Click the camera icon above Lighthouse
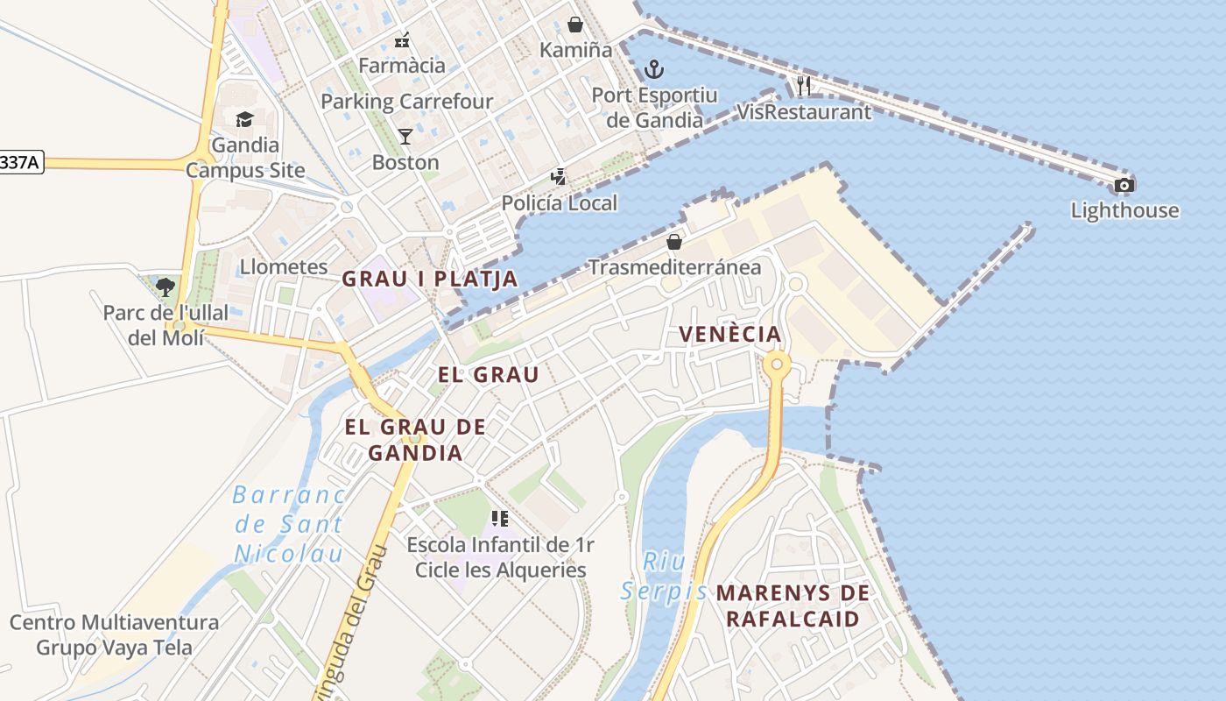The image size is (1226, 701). tap(1124, 186)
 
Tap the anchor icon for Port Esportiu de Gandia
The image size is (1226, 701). tap(653, 68)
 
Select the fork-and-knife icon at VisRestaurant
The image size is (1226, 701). tap(804, 86)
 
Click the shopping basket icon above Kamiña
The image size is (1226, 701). tap(575, 25)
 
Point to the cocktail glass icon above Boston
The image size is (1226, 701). tap(405, 136)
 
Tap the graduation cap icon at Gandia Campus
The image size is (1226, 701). tap(244, 119)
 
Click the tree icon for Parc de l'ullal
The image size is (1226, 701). tap(166, 287)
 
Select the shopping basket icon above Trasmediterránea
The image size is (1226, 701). tap(674, 241)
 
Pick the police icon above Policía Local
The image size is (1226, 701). tap(558, 177)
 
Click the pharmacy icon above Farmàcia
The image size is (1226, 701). tap(402, 39)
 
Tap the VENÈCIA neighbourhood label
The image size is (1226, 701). tap(730, 334)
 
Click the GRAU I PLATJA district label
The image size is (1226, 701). tap(429, 279)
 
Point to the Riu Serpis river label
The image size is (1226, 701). tap(664, 577)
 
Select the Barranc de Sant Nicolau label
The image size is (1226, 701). tap(289, 524)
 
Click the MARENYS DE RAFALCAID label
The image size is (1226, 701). tap(793, 605)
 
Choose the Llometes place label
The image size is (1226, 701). tap(284, 266)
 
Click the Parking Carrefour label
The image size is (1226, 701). tap(407, 102)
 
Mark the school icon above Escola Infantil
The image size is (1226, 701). tap(500, 519)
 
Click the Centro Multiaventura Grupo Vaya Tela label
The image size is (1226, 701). tap(114, 635)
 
